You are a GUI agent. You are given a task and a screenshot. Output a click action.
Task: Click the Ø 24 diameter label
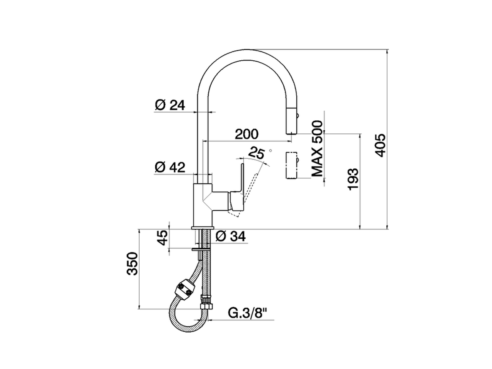click(170, 105)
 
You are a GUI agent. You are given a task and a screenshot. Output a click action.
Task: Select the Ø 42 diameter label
click(170, 167)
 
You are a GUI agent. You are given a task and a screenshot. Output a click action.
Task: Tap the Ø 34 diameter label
click(230, 236)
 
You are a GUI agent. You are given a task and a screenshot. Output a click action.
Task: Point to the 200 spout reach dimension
click(247, 134)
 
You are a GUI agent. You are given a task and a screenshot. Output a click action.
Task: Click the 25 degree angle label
click(256, 153)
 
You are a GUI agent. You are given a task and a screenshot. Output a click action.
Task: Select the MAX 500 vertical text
click(317, 149)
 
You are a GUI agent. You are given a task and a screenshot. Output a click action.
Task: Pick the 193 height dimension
click(353, 179)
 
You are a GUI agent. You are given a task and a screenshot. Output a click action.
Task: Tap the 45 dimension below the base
click(163, 238)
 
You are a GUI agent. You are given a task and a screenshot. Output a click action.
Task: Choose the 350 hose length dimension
click(132, 264)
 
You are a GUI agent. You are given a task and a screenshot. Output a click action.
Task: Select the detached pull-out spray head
click(292, 165)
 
